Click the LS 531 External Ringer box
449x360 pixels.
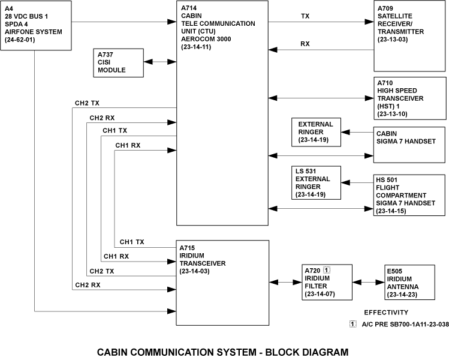coord(316,183)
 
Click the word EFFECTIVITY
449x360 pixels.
coord(386,312)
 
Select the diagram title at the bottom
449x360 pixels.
coord(222,352)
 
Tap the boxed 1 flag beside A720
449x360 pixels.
coord(327,270)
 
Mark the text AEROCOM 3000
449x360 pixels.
coord(205,53)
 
